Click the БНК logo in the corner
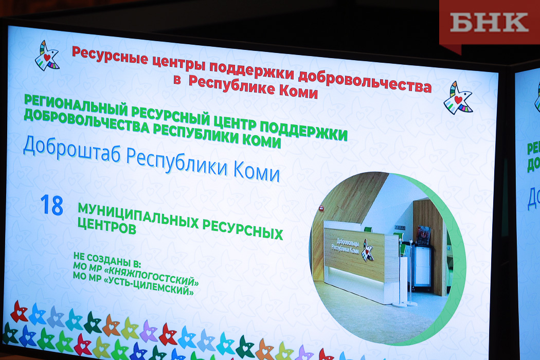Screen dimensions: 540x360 pos(489,23)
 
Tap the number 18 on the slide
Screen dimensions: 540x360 pos(51,205)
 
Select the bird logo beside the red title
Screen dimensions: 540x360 pos(47,56)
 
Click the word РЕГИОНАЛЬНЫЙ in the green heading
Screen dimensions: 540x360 pos(76,105)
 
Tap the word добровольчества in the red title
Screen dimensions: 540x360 pos(365,80)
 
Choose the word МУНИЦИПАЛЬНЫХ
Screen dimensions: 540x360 pos(138,215)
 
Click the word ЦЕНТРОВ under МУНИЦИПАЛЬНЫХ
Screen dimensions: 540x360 pos(107,226)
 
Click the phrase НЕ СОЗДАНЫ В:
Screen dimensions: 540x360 pos(107,260)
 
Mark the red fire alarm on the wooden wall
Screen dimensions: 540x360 pos(321,208)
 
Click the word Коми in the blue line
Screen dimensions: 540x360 pos(257,171)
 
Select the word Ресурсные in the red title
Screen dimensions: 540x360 pos(110,56)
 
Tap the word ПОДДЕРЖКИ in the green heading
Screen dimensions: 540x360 pos(303,131)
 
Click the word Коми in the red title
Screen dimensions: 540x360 pos(298,91)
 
